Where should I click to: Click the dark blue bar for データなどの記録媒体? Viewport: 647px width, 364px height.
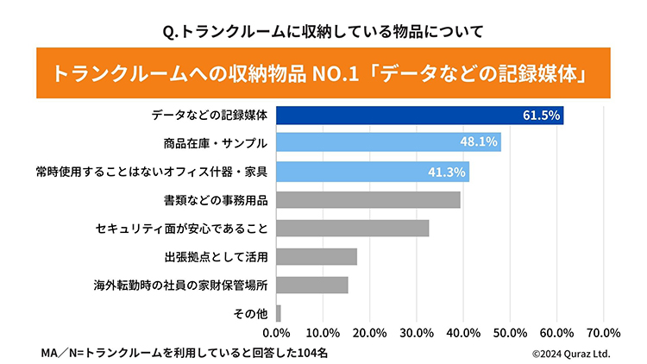coord(419,115)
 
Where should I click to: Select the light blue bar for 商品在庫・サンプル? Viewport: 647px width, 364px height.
coord(388,142)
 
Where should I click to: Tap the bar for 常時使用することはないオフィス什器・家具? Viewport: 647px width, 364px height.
coord(372,171)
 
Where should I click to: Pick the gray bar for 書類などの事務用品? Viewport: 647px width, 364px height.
coord(367,199)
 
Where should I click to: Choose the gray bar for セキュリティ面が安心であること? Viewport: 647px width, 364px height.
coord(352,228)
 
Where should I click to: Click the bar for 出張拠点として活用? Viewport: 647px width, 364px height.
coord(316,256)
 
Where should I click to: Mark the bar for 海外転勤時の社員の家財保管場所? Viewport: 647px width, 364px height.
coord(311,285)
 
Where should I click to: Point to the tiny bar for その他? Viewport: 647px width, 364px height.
coord(278,313)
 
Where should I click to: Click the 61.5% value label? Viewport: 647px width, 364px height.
coord(541,115)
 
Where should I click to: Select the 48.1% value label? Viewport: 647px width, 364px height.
coord(479,142)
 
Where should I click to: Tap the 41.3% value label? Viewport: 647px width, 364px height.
coord(447,171)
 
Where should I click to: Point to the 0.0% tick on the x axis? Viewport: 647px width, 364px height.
coord(276,333)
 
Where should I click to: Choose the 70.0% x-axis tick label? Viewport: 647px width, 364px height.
coord(604,333)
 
